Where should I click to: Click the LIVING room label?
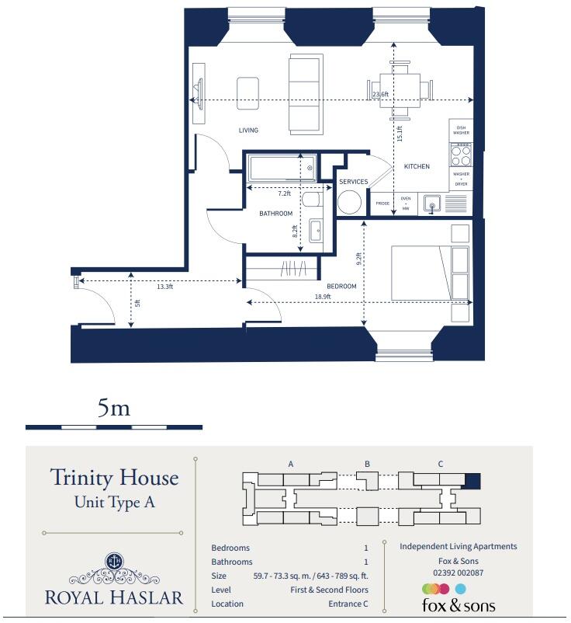pos(248,131)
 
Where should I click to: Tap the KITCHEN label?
pos(416,167)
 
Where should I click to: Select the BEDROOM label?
pos(341,287)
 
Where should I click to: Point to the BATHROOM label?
pos(275,214)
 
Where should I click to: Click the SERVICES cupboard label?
pos(353,182)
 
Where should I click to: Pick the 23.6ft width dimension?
pos(380,95)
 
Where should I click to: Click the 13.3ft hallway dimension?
pos(164,287)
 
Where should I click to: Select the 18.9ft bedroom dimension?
pos(323,297)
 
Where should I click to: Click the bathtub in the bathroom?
pos(282,168)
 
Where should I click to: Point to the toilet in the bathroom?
pos(311,200)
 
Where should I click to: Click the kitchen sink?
pos(431,204)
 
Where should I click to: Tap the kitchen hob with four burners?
pos(461,149)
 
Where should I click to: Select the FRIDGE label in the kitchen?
pos(382,204)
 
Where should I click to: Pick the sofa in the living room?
pos(306,94)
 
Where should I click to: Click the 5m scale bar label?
pos(113,409)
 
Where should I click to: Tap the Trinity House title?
pos(114,477)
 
